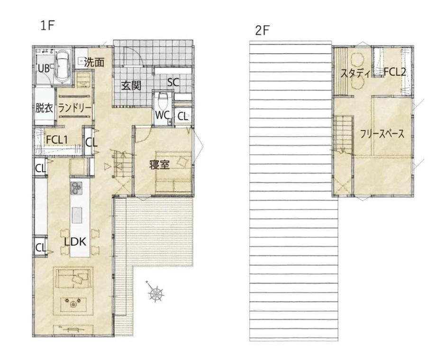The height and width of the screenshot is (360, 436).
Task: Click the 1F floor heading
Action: tap(47, 26)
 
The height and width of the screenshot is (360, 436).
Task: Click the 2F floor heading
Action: tap(263, 31)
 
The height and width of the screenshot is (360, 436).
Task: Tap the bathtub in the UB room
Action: tap(62, 67)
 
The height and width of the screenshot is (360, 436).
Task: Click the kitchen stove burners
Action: tap(77, 188)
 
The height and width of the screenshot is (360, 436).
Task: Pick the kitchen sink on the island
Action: tap(77, 215)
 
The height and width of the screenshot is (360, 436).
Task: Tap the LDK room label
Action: tap(75, 242)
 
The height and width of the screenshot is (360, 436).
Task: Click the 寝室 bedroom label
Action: tap(159, 165)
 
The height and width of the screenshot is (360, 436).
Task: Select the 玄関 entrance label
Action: tap(131, 86)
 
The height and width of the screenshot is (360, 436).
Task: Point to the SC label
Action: tap(173, 82)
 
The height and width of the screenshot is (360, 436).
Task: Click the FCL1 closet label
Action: tap(57, 139)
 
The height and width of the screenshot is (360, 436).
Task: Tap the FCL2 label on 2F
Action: tap(395, 72)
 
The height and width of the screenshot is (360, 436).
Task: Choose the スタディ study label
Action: tap(355, 74)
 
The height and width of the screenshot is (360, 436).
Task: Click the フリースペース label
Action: tap(382, 134)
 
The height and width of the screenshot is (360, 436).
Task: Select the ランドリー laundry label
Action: tap(74, 108)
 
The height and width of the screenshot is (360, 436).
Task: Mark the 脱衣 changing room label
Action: tap(44, 108)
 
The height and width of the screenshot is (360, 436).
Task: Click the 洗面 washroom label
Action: tap(94, 62)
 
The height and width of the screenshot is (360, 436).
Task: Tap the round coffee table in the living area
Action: tap(73, 305)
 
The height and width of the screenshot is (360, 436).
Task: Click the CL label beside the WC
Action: tap(182, 116)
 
